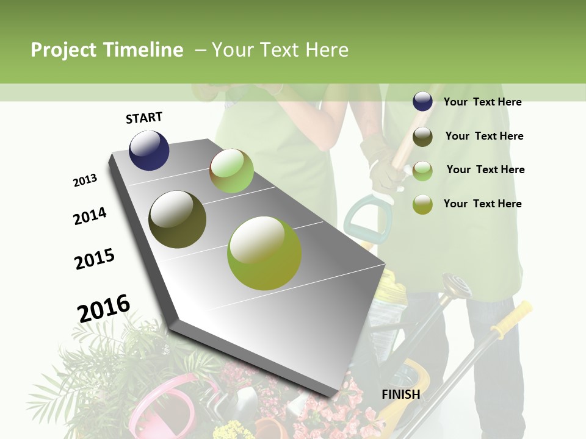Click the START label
[x=144, y=118]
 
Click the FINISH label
[x=400, y=394]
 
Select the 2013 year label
[x=85, y=180]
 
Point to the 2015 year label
[x=95, y=259]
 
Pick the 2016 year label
[x=104, y=308]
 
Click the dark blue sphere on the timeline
[x=149, y=150]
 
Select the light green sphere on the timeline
[x=231, y=171]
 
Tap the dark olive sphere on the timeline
[x=177, y=220]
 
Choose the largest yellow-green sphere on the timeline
[x=264, y=253]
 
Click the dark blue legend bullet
[x=422, y=102]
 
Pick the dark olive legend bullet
[x=422, y=137]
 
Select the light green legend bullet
[x=422, y=170]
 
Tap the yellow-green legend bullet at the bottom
[x=422, y=204]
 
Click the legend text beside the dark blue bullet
[x=482, y=102]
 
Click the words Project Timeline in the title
[x=107, y=50]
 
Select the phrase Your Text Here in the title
[x=280, y=50]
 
